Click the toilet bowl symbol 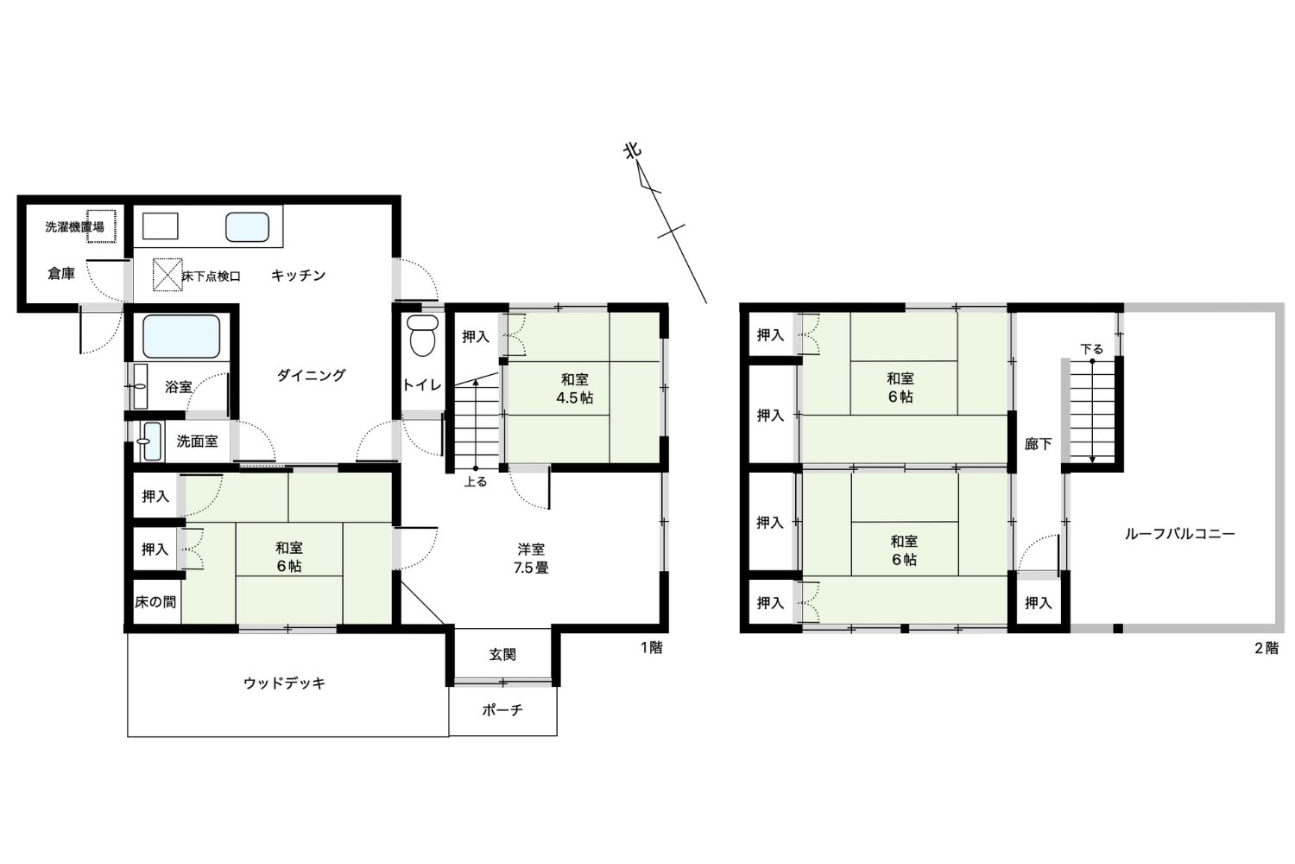click(x=423, y=335)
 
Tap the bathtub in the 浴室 click(x=181, y=336)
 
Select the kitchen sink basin click(x=248, y=227)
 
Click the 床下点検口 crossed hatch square click(x=167, y=274)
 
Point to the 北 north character click(x=633, y=151)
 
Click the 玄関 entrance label click(x=502, y=655)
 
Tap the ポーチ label click(x=502, y=709)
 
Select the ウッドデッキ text click(x=284, y=683)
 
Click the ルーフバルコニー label click(x=1179, y=534)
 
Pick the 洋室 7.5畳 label click(x=531, y=558)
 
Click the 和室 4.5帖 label click(x=575, y=388)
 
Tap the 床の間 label click(x=155, y=602)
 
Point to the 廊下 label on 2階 click(x=1038, y=444)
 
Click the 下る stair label click(x=1091, y=349)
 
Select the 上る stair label click(x=475, y=481)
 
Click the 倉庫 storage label click(x=61, y=273)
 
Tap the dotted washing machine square click(x=101, y=226)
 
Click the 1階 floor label click(x=652, y=647)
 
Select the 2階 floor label click(x=1267, y=648)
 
